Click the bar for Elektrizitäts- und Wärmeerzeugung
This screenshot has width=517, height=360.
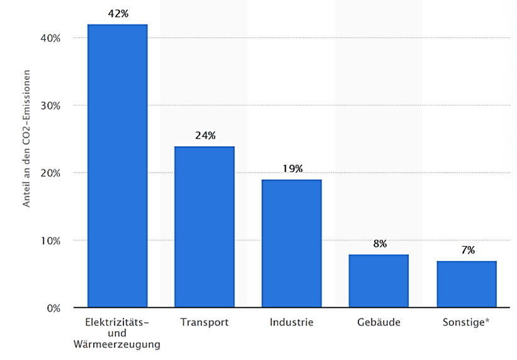[117, 166]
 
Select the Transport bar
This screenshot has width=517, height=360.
[205, 227]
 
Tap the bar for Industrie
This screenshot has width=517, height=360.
[292, 244]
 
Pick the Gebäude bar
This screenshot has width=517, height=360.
[379, 281]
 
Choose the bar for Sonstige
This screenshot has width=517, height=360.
[467, 284]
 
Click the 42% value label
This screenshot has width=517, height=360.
[117, 13]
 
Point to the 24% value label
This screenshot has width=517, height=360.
[205, 135]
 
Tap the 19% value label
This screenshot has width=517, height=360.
[292, 169]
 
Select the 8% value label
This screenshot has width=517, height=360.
[380, 244]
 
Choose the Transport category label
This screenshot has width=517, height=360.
[204, 322]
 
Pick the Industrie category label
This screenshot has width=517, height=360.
[292, 322]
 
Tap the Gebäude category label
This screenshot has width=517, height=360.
[379, 322]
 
